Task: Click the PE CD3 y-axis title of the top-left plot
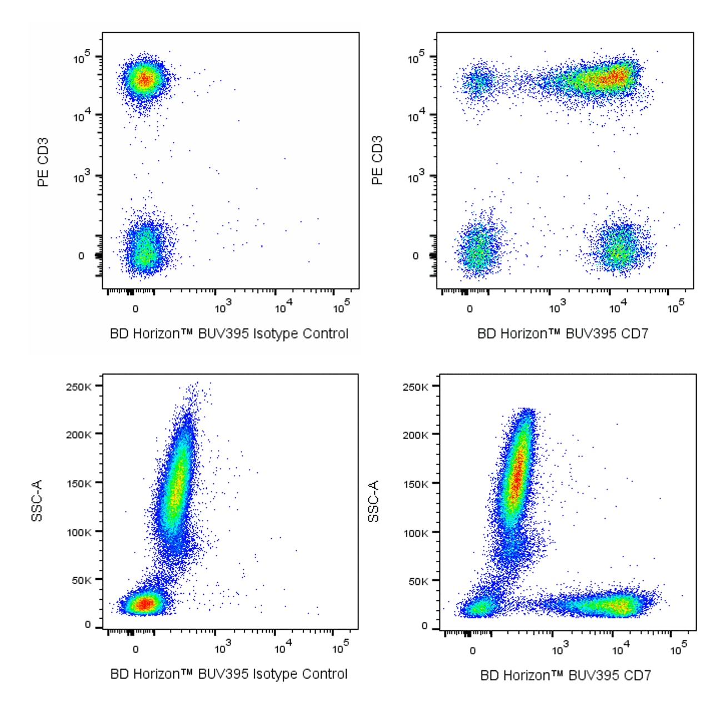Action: click(43, 162)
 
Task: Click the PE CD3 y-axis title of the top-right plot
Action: click(378, 160)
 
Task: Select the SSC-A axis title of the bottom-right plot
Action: click(374, 501)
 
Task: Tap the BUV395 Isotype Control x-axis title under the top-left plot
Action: click(229, 334)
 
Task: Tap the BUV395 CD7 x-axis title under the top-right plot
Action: click(562, 334)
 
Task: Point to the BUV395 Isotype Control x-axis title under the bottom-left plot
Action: click(229, 674)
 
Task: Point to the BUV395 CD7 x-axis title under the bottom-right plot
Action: click(565, 675)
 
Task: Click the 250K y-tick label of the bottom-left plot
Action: click(78, 386)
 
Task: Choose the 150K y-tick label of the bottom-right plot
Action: click(415, 483)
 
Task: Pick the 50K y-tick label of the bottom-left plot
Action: click(81, 580)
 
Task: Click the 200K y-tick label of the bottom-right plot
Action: click(415, 434)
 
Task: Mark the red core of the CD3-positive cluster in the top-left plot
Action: click(144, 79)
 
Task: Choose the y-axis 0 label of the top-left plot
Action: click(81, 256)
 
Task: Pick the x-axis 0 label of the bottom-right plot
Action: click(472, 650)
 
